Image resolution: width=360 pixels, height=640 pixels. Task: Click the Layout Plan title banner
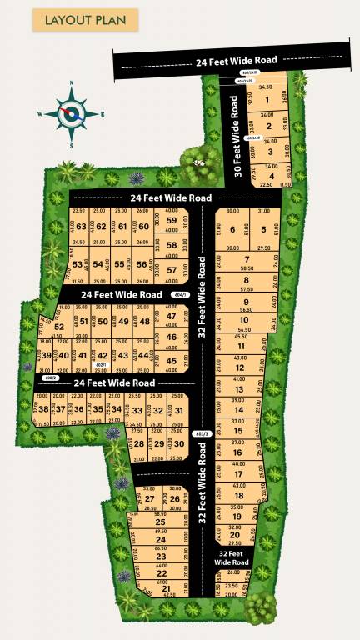73,20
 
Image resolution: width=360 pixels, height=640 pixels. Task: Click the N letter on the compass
72,84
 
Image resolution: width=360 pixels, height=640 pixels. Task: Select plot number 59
172,221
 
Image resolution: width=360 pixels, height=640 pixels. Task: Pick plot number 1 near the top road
267,102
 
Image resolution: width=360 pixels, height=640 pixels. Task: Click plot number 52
59,327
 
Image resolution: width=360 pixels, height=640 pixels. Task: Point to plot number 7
247,259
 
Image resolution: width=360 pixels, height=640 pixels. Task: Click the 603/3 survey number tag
201,433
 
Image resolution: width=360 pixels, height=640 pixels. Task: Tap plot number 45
172,361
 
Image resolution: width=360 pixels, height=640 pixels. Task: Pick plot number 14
238,410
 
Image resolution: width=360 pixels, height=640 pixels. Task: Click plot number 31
177,410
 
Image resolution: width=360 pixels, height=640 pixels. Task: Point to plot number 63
81,226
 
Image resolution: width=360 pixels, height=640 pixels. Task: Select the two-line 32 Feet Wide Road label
231,557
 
